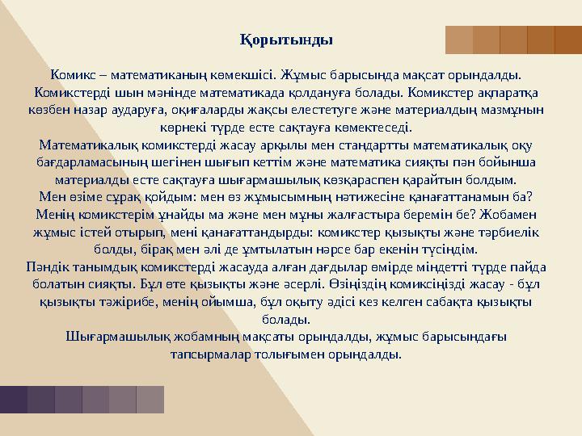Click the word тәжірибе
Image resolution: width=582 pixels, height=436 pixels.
coord(121,302)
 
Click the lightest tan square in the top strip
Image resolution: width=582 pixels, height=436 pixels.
coord(459,40)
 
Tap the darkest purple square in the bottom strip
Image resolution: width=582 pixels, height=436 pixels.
coord(14,400)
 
